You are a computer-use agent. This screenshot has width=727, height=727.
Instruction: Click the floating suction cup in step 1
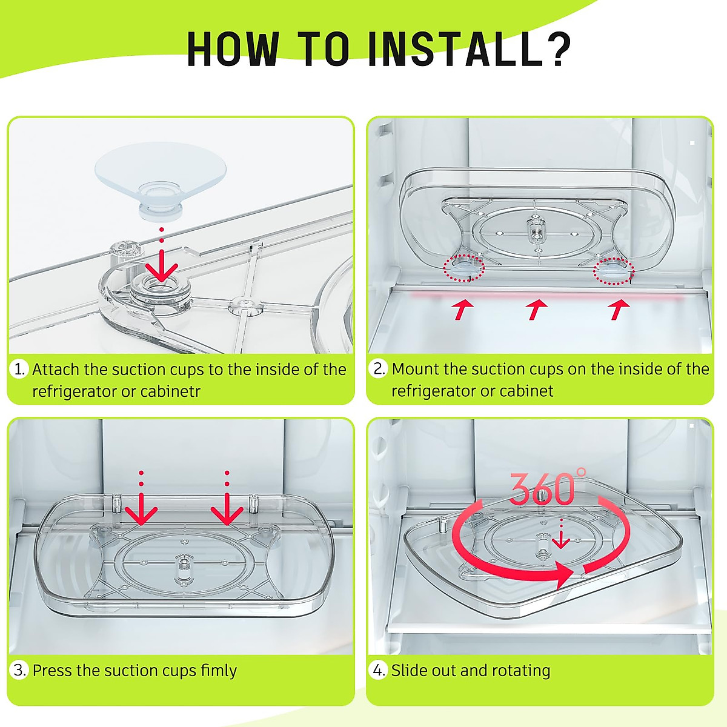tap(161, 181)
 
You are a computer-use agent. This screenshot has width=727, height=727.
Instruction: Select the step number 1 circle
tap(19, 368)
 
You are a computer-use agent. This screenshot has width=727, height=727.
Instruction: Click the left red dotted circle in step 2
tap(463, 268)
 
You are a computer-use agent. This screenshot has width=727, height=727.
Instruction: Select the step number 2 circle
tap(378, 368)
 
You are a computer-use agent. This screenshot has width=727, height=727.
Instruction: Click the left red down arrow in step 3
tap(141, 498)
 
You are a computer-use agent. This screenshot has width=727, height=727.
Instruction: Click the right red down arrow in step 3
tap(227, 498)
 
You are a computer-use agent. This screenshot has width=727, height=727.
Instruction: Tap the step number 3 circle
tap(19, 670)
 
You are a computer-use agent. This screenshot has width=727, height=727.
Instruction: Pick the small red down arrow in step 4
tap(561, 534)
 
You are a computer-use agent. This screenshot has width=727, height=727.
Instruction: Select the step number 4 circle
tap(378, 670)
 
